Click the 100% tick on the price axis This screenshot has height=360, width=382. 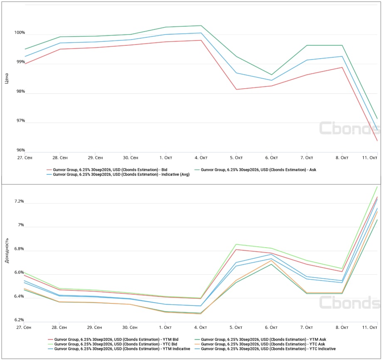click(19, 32)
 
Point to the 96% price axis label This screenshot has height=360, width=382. click(20, 150)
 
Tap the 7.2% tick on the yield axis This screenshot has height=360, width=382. click(18, 201)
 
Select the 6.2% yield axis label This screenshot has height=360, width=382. click(18, 320)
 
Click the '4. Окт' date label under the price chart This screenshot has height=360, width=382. click(201, 158)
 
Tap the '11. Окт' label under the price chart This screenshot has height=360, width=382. click(370, 158)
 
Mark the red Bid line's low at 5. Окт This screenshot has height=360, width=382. click(237, 89)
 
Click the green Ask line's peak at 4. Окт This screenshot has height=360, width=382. click(201, 26)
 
